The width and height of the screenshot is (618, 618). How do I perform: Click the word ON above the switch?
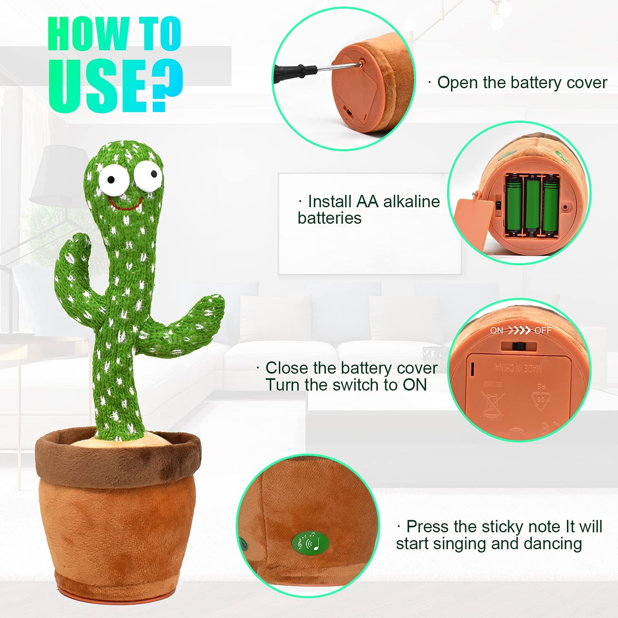tap(496, 330)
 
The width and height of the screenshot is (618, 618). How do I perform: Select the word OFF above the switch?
tap(543, 330)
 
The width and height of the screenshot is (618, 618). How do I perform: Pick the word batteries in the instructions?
tap(330, 218)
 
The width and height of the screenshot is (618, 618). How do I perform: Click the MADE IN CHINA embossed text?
tap(518, 368)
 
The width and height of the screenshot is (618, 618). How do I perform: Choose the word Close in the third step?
tap(287, 368)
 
